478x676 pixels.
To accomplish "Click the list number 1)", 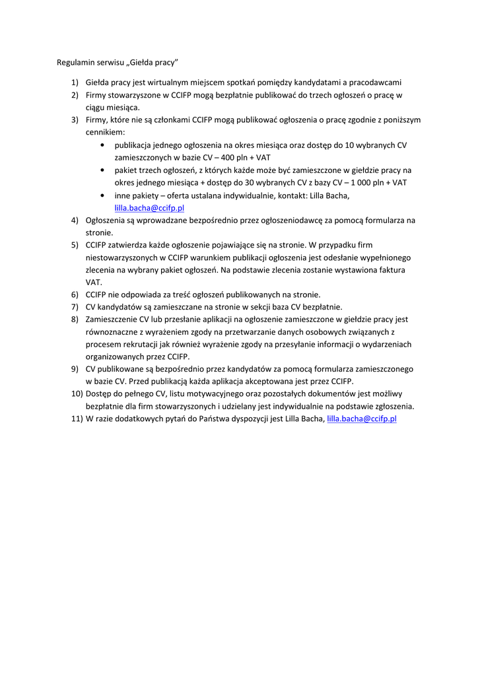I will click(x=75, y=83).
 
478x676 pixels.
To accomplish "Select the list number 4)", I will click(x=75, y=220).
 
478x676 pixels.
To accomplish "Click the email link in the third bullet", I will click(x=149, y=207).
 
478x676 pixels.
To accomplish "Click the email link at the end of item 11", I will click(x=361, y=419).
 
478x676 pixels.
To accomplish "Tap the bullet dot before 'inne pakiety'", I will click(x=102, y=195).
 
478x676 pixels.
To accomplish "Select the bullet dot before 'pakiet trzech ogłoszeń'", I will click(x=102, y=170).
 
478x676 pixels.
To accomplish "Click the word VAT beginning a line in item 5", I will click(x=93, y=282).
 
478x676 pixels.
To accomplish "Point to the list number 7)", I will click(x=75, y=307).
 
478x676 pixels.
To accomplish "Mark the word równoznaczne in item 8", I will click(x=111, y=332).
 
